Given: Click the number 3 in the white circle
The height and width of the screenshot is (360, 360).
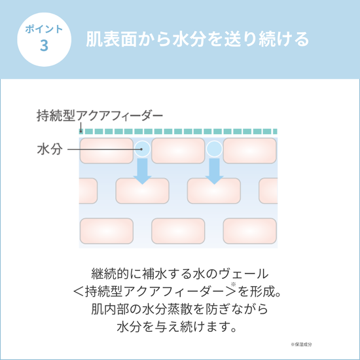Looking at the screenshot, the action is pos(44,45).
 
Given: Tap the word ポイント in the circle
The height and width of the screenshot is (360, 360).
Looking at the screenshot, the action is pos(44,29).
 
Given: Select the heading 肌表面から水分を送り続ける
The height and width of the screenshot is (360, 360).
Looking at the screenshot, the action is pos(197,39).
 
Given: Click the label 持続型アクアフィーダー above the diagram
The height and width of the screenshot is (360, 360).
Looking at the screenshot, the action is pos(99,115).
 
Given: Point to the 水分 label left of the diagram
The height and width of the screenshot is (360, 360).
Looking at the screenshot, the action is pos(50,149).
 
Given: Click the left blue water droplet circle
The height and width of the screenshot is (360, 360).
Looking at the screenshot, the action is pos(142,149).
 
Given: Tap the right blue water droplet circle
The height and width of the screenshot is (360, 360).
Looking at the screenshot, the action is pos(214,149).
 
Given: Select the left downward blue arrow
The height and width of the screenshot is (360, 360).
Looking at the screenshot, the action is pos(142,171).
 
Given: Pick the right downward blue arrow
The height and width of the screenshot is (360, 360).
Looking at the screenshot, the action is pos(215,171).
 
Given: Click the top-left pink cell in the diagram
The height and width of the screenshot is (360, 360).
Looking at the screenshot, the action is pos(107,151).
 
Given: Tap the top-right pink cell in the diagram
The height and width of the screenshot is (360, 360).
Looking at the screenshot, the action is pos(250,151).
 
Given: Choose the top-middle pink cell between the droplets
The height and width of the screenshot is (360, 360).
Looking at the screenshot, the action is pos(178,151).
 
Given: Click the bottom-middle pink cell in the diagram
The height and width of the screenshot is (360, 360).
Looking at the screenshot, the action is pos(178,231).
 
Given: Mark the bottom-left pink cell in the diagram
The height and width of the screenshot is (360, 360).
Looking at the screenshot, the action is pos(107,231).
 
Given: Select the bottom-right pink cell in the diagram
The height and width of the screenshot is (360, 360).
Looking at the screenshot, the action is pos(250,231).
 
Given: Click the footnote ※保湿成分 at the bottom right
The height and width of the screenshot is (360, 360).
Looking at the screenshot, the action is pos(301,344).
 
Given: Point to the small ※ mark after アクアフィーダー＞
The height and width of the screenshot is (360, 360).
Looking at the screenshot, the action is pos(233,285).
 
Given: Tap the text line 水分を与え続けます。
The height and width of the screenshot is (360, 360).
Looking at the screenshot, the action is pos(177,327).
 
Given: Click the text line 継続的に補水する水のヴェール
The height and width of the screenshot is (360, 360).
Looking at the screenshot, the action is pos(180,274).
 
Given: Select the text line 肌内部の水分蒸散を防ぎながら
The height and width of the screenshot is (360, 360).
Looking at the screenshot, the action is pos(179,309).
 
